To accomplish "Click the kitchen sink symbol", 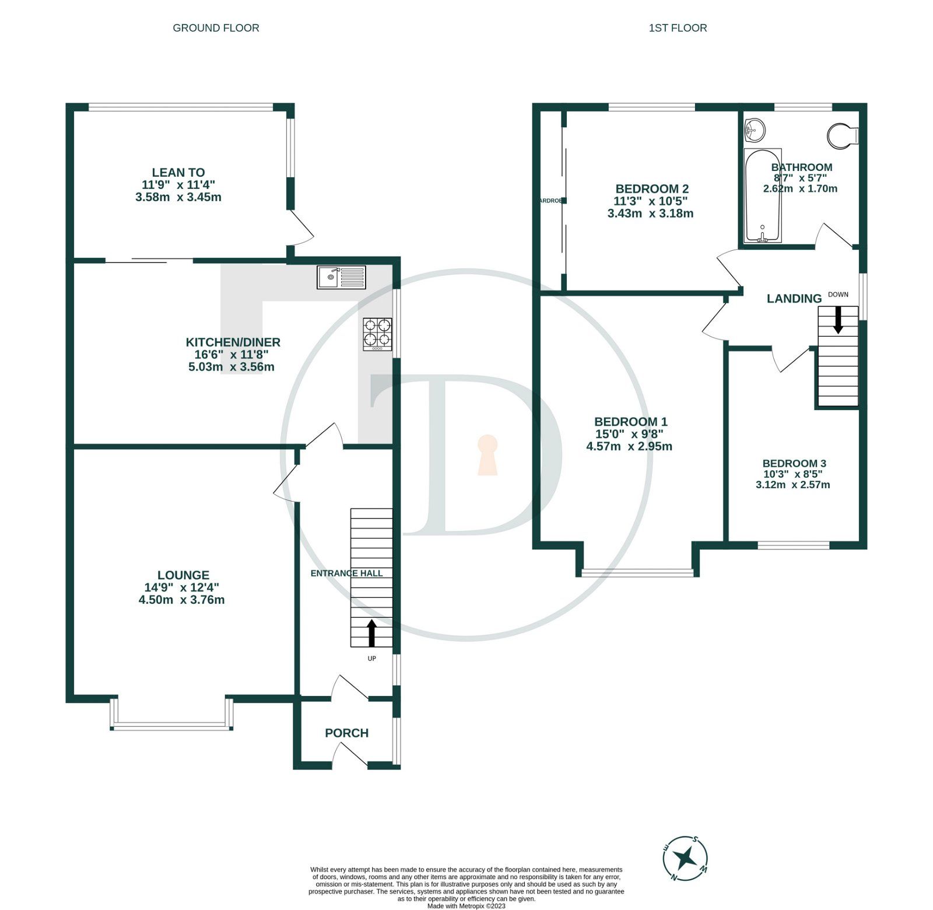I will [342, 277].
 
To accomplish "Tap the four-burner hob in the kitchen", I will [377, 334].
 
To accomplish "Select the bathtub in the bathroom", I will [762, 196].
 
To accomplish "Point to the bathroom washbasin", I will [755, 129].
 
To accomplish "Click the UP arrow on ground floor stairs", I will [371, 633].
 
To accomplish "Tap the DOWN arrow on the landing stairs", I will [838, 320].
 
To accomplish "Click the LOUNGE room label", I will [183, 575].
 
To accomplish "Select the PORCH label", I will [346, 733].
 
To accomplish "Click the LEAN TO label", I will [178, 173].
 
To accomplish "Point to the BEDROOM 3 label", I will [794, 464].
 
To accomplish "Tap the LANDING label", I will [794, 299].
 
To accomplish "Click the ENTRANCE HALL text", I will [346, 573].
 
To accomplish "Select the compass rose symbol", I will [685, 858].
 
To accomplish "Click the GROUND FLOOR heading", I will [216, 28].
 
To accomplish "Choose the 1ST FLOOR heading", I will [678, 28].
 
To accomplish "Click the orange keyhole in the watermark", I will [487, 455].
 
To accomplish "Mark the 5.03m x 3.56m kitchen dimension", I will [231, 367].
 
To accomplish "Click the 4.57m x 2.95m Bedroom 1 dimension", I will [629, 446].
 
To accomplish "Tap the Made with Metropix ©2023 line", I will [466, 906].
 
